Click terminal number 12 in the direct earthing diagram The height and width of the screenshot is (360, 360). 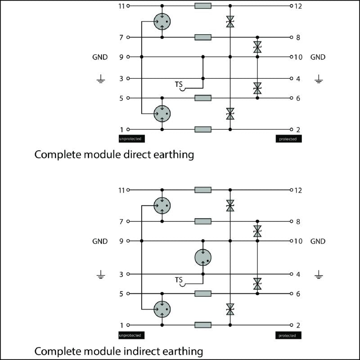coord(298,6)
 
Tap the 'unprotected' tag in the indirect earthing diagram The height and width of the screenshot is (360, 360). coord(130,335)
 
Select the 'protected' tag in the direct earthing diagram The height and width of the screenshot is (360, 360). coord(288,139)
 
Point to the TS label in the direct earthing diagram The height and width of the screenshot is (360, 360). coord(179,84)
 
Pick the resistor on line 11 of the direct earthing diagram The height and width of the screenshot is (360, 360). coord(203,6)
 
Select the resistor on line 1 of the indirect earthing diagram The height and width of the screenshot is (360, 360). coord(203,325)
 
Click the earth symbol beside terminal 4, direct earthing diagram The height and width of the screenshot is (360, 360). coord(319,80)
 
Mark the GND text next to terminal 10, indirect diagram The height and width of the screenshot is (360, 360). coord(318,241)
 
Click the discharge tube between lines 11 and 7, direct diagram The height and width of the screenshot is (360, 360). coord(162,21)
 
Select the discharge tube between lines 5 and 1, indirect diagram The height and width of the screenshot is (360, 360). coord(162,309)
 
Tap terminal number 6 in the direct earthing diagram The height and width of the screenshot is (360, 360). coord(297,98)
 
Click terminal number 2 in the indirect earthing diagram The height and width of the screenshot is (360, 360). coord(297,325)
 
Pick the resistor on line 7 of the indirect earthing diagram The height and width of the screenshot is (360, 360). coord(203,221)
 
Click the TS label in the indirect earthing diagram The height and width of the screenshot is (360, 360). coord(179,280)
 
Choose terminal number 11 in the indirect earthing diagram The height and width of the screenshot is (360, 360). coord(121,190)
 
